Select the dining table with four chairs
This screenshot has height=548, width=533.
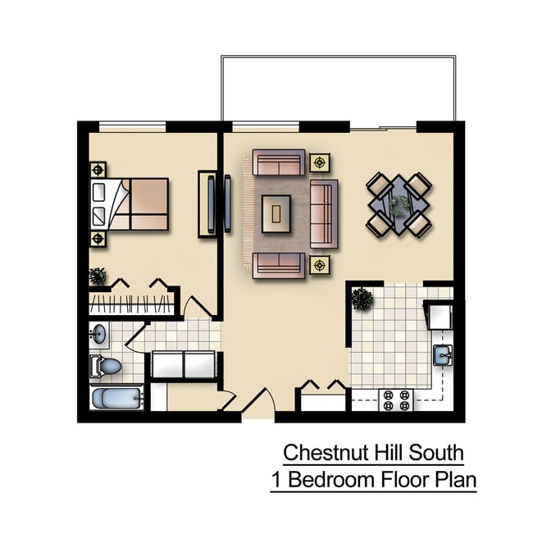399,203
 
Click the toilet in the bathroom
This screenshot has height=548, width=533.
107,367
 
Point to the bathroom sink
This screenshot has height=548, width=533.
99,335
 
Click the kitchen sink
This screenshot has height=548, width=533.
444,354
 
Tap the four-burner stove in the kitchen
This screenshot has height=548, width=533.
397,400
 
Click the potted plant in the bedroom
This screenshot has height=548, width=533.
97,276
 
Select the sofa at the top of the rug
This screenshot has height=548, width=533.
278,162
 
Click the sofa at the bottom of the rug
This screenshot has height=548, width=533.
278,264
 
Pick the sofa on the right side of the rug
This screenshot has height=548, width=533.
323,213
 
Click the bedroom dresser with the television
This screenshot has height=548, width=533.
207,204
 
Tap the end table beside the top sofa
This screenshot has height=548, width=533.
320,162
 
